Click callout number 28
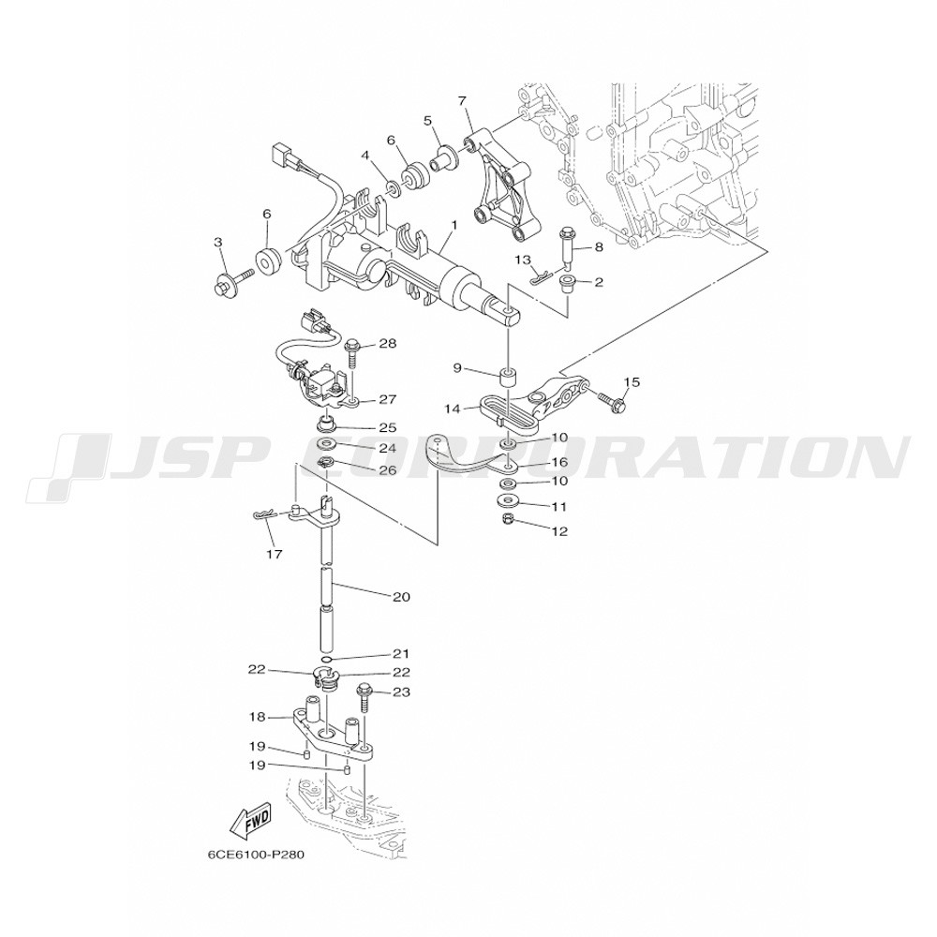pyautogui.click(x=387, y=344)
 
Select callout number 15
pyautogui.click(x=632, y=382)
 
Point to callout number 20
pyautogui.click(x=402, y=596)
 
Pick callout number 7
pyautogui.click(x=461, y=100)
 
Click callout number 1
pyautogui.click(x=454, y=225)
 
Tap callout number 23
pyautogui.click(x=402, y=692)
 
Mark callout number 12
pyautogui.click(x=559, y=531)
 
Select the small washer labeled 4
pyautogui.click(x=393, y=188)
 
